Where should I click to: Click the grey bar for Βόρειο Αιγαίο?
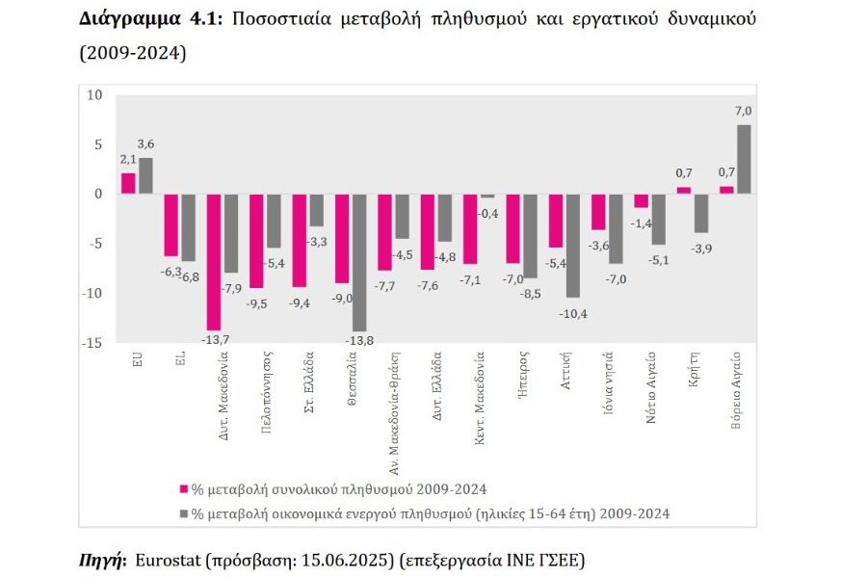[744, 159]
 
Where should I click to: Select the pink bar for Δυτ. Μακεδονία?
[214, 261]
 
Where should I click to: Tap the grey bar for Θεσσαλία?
[359, 262]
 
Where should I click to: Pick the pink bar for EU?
[128, 183]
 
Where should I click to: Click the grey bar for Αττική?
[573, 245]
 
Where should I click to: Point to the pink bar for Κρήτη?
[684, 190]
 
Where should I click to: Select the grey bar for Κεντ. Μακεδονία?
[487, 196]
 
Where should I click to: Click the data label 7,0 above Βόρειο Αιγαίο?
[744, 112]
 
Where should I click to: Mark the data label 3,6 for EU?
[145, 144]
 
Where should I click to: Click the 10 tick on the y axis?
[94, 94]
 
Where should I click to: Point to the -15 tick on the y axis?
[92, 343]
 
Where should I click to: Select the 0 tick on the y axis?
[98, 194]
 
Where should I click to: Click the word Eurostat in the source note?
[170, 560]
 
